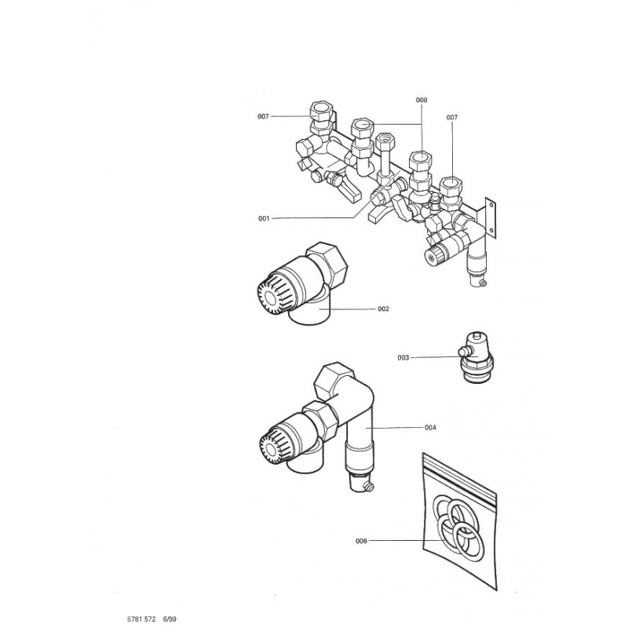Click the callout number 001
coord(263,219)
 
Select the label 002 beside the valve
coord(383,309)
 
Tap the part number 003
coord(403,357)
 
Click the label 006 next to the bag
coord(361,541)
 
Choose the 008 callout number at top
coord(422,100)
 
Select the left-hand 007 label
coord(264,116)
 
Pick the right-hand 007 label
coord(452,117)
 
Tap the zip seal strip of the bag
coord(460,476)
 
